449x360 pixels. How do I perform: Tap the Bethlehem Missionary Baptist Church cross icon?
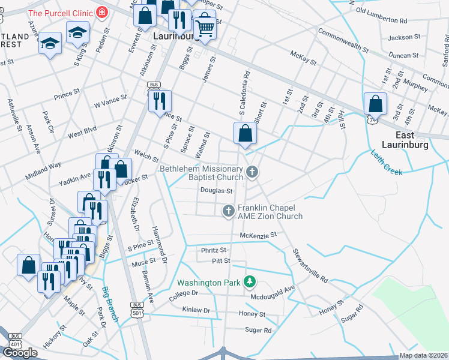[252, 173]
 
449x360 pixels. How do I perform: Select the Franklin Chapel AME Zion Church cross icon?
[228, 211]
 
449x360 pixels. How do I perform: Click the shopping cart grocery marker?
[205, 26]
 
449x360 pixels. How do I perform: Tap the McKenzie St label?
[258, 235]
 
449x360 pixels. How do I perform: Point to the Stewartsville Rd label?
[310, 266]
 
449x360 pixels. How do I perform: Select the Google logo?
[20, 352]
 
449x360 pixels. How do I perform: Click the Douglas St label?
[216, 191]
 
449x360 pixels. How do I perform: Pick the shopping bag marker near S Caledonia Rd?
[245, 134]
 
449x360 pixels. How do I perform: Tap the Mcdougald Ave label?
[273, 289]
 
